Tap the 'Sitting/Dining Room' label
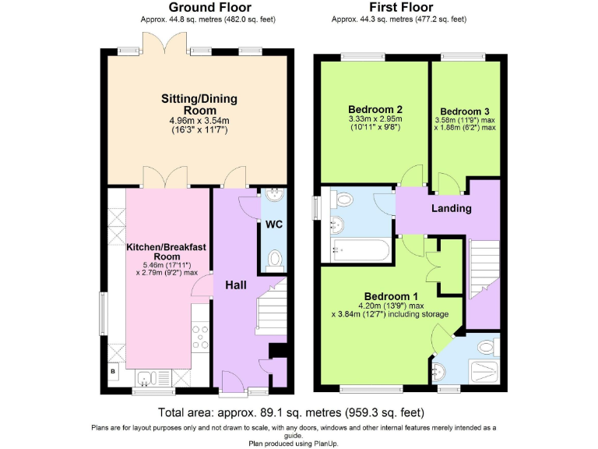coord(199,104)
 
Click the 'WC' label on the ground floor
coord(273,224)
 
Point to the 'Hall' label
coord(236,285)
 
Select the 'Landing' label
coord(452,208)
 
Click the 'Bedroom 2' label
coord(375,108)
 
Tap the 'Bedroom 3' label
coord(465,111)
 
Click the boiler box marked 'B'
coord(114,373)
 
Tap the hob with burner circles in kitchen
coord(200,336)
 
